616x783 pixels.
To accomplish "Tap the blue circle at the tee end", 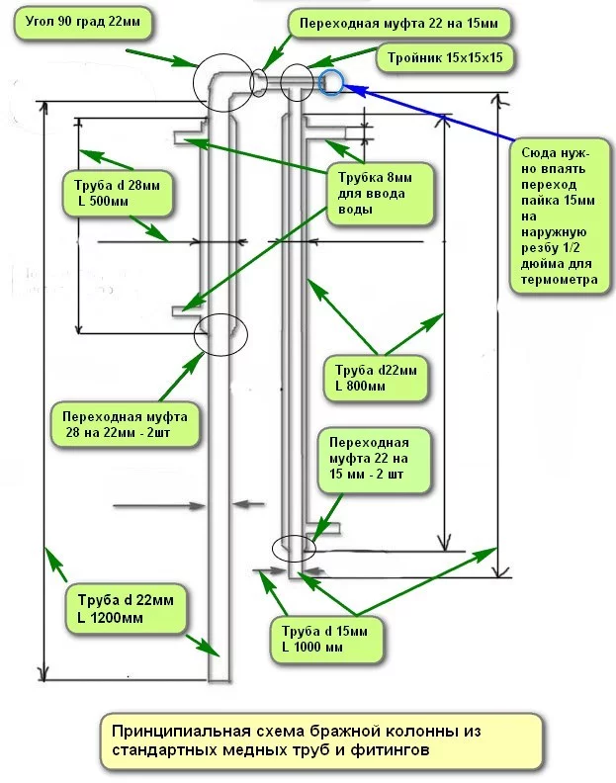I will (332, 82).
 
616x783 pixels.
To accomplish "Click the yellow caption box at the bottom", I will (322, 741).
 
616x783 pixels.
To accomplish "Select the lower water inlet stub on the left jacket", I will (185, 312).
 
